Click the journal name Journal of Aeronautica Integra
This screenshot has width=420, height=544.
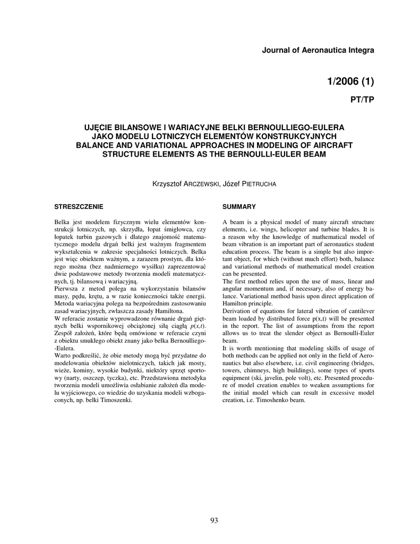click(319, 50)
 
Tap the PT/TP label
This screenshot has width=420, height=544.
click(361, 100)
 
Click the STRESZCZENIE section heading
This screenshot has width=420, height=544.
click(79, 206)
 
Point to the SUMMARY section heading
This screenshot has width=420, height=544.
click(239, 206)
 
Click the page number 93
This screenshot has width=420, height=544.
click(214, 521)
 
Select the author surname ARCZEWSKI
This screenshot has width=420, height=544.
click(201, 184)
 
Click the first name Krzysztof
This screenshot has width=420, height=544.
click(167, 184)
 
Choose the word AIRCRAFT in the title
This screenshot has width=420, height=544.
click(321, 145)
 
